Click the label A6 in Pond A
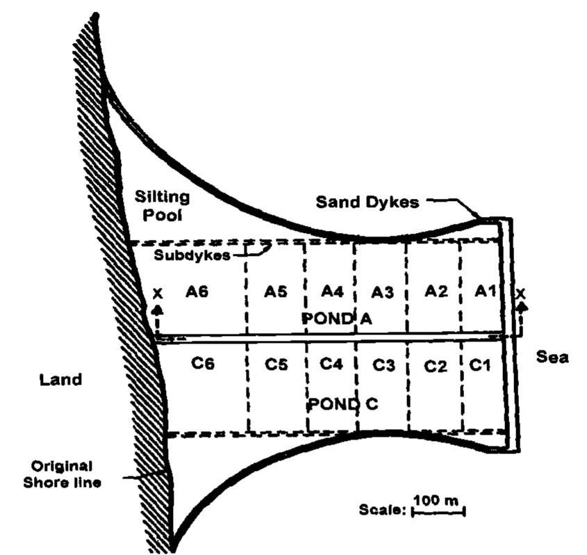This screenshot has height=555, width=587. pyautogui.click(x=197, y=291)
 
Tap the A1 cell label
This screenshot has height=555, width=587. pyautogui.click(x=485, y=291)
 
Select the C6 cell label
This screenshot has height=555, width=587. pyautogui.click(x=203, y=363)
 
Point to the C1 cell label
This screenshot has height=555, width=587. pyautogui.click(x=479, y=364)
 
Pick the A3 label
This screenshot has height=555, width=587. pyautogui.click(x=383, y=292)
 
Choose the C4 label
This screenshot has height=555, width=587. pyautogui.click(x=331, y=363)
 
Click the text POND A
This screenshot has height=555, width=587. pyautogui.click(x=337, y=319)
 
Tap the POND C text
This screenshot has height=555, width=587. pyautogui.click(x=343, y=404)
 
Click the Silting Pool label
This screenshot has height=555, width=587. pyautogui.click(x=162, y=206)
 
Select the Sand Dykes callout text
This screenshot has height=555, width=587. pyautogui.click(x=367, y=202)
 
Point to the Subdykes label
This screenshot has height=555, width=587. pyautogui.click(x=192, y=255)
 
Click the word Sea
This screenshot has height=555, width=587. pyautogui.click(x=552, y=357)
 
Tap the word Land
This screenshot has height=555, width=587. pyautogui.click(x=60, y=380)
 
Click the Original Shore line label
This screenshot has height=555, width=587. pyautogui.click(x=62, y=474)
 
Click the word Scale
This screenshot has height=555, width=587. pyautogui.click(x=382, y=510)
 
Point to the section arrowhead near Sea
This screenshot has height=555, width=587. pyautogui.click(x=521, y=307)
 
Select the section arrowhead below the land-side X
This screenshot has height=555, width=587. pyautogui.click(x=158, y=309)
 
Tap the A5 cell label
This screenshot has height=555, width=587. pyautogui.click(x=276, y=291)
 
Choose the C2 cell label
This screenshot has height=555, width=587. pyautogui.click(x=436, y=366)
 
